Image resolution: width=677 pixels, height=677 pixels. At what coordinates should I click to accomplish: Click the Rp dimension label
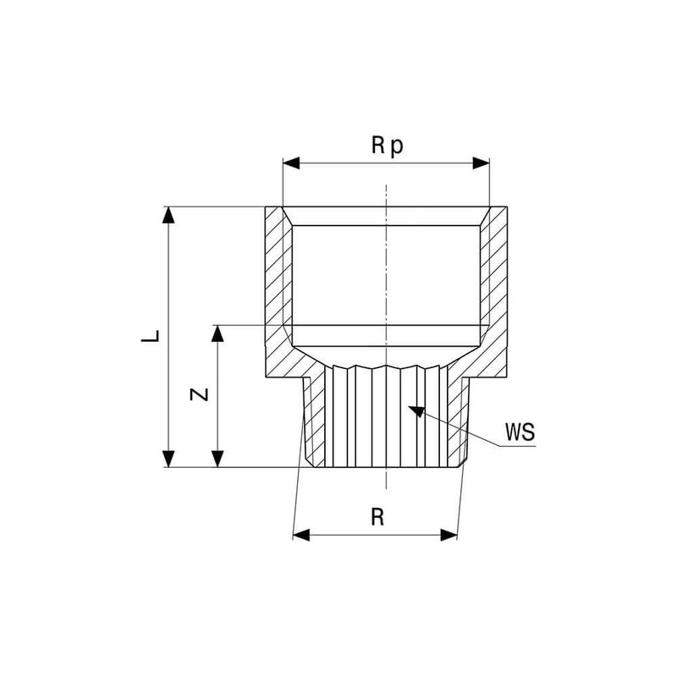[388, 146]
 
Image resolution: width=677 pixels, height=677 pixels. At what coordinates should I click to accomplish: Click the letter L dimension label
[151, 336]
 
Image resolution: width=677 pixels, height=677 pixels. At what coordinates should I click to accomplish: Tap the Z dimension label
[200, 394]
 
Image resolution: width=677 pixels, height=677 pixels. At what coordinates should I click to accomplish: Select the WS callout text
[520, 432]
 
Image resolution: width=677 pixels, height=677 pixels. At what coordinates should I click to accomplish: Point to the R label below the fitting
[377, 517]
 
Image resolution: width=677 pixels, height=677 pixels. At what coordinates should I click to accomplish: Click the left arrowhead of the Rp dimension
[291, 163]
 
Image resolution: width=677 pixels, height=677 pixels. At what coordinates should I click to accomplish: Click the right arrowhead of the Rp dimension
[482, 163]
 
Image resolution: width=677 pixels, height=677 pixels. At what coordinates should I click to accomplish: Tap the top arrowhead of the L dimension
[168, 215]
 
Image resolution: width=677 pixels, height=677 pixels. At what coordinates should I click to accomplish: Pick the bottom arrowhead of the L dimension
[168, 459]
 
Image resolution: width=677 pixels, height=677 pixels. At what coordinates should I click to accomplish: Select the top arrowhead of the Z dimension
[217, 333]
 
